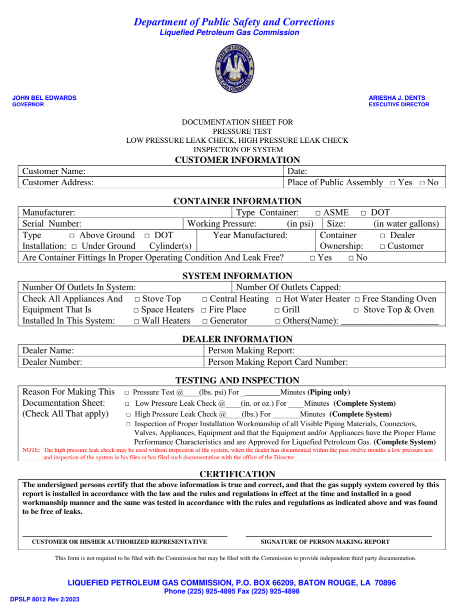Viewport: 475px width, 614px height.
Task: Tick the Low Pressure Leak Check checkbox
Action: point(127,403)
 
